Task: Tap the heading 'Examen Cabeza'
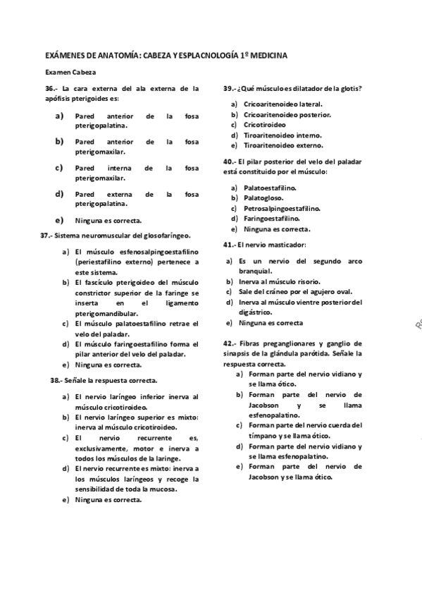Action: [x=70, y=72]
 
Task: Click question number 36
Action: [x=50, y=89]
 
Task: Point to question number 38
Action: [x=56, y=379]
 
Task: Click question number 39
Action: [x=230, y=89]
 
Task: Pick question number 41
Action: [x=230, y=245]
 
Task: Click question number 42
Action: [x=230, y=343]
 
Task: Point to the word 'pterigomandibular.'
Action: [x=106, y=313]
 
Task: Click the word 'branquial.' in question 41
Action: [x=256, y=271]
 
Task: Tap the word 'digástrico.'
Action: [x=256, y=312]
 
